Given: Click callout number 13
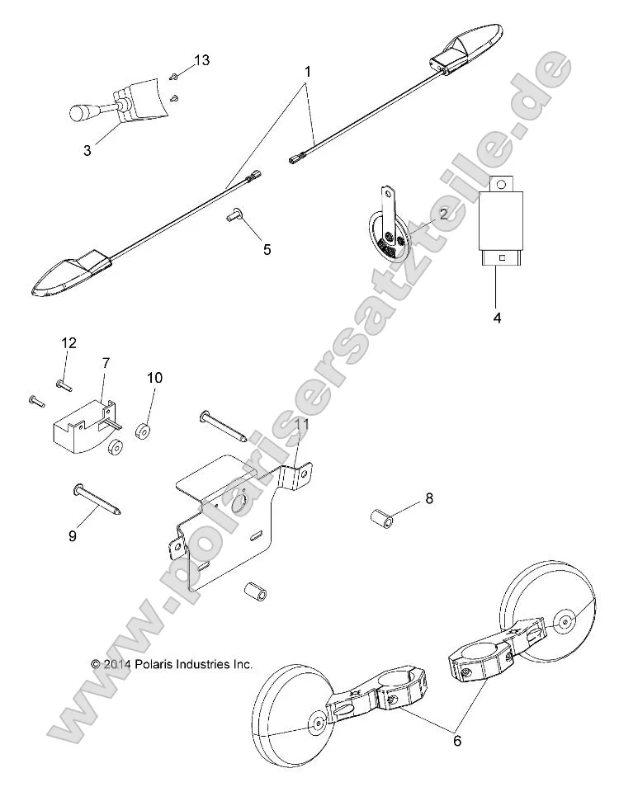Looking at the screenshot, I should [x=202, y=60].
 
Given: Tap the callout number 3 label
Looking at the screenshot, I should [x=87, y=150].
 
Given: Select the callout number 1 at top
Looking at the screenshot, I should [x=307, y=72].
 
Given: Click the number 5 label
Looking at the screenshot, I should [x=267, y=249].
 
